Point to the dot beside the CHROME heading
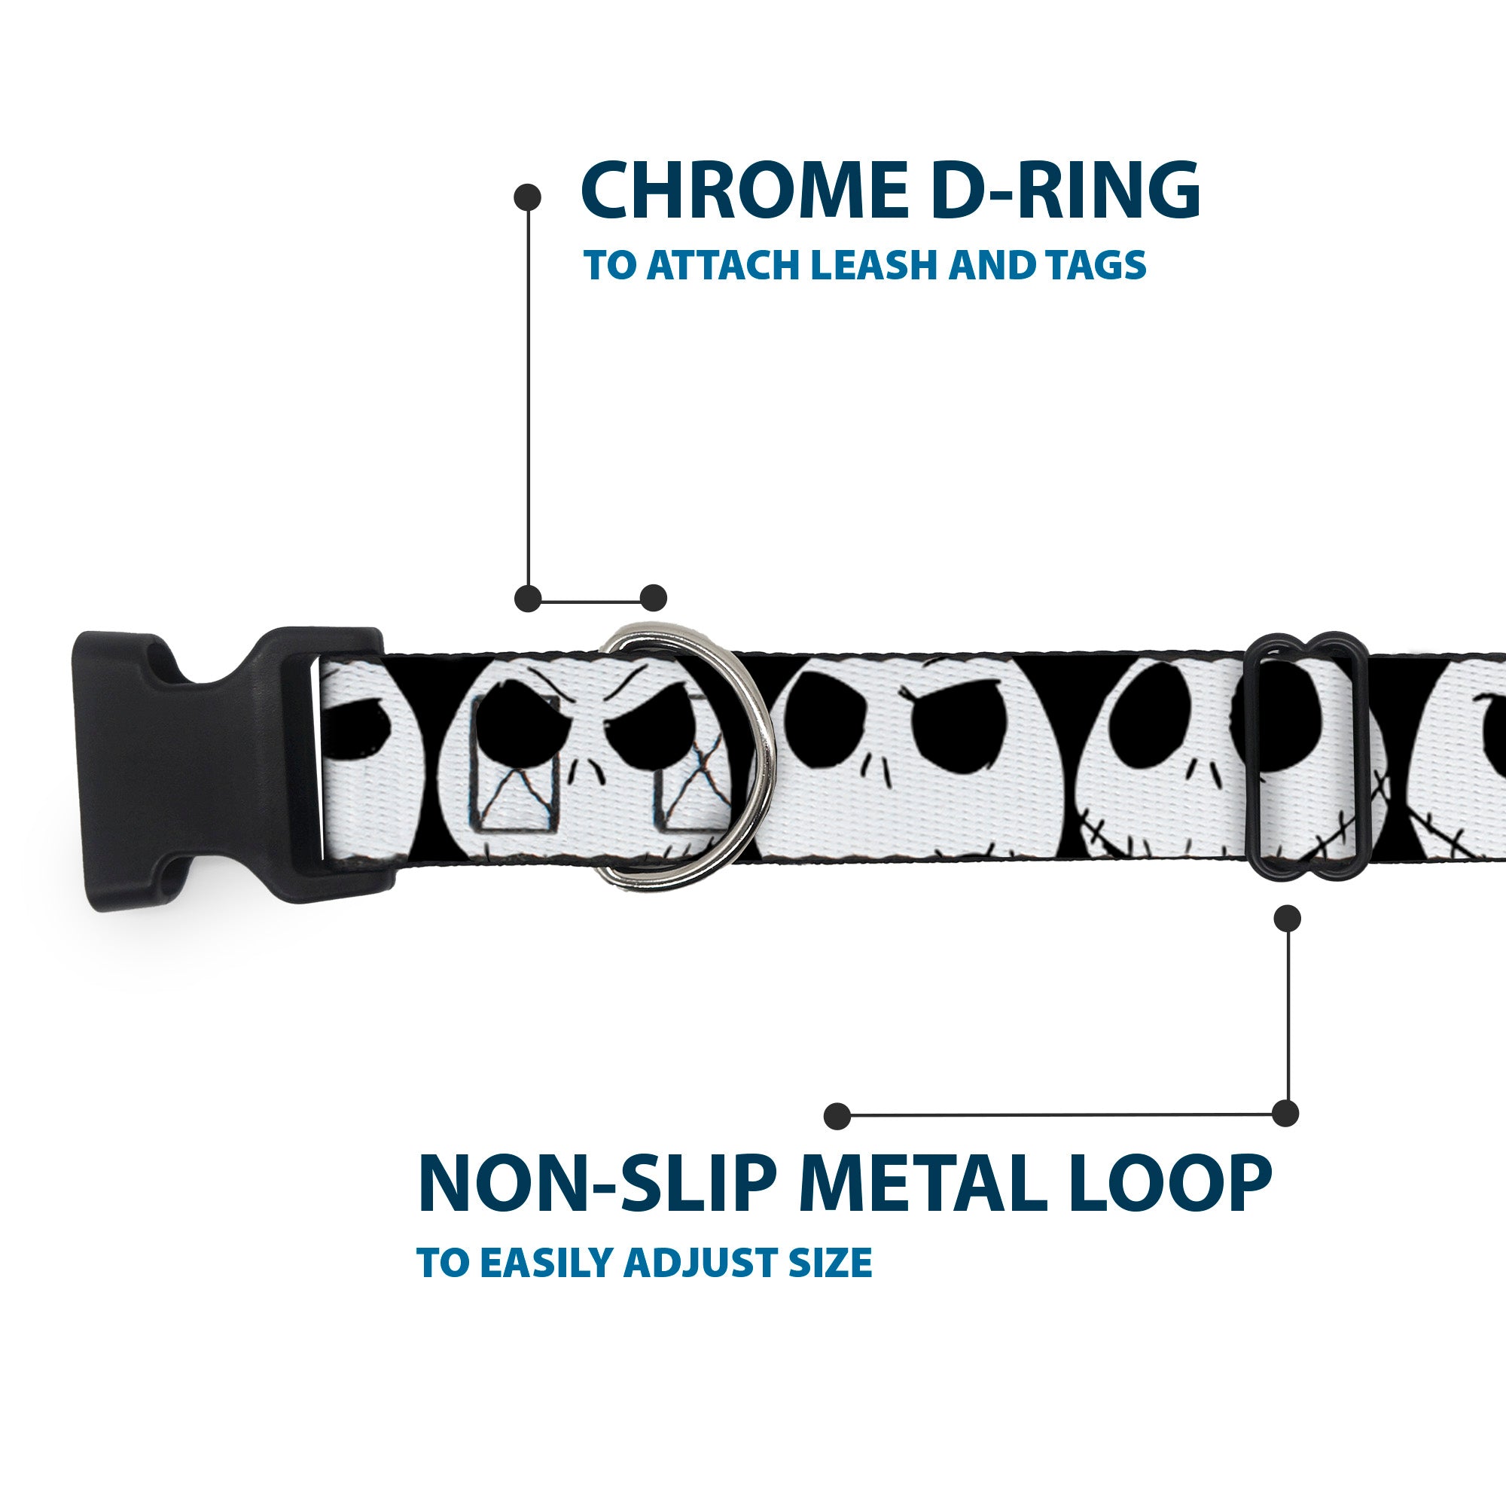click(x=528, y=197)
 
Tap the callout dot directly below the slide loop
click(x=1286, y=918)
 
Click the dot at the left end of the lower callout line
click(x=837, y=1115)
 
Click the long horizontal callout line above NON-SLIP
click(x=1060, y=1115)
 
